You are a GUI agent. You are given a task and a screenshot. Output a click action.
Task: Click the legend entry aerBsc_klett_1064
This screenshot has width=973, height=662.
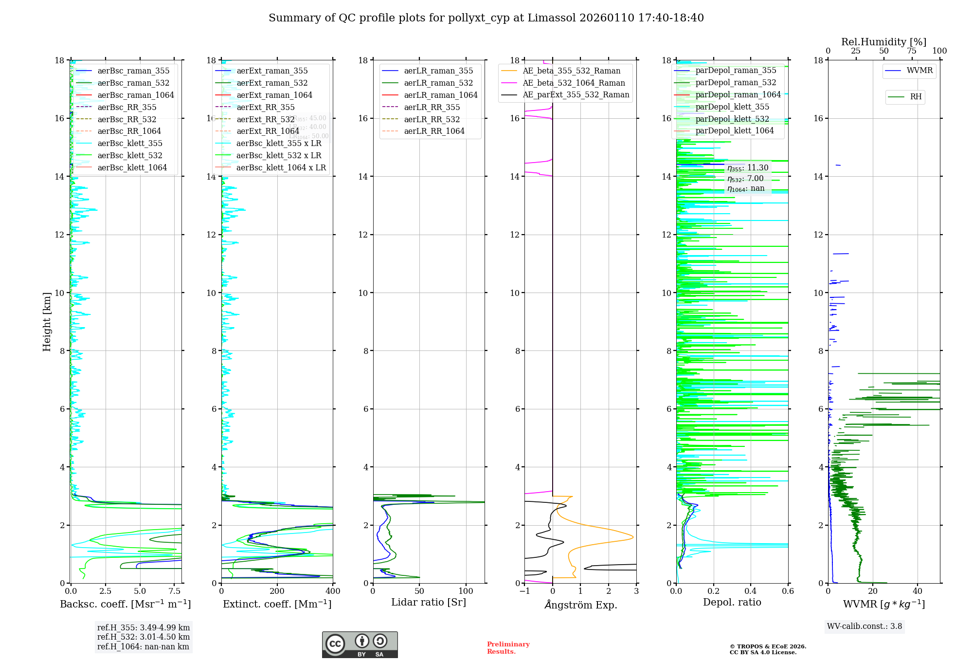click(132, 167)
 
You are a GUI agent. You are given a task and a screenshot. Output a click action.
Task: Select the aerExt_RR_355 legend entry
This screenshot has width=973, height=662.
click(265, 107)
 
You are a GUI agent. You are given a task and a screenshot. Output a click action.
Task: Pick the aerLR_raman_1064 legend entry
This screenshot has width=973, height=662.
click(440, 95)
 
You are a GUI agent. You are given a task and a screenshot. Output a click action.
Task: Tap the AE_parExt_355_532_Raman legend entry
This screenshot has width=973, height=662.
click(576, 94)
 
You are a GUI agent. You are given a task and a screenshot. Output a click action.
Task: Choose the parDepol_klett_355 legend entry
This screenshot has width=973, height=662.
click(732, 107)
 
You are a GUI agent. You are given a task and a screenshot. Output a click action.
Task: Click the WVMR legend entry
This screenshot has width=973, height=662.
click(919, 71)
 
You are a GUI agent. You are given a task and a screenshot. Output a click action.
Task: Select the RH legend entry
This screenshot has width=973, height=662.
click(915, 97)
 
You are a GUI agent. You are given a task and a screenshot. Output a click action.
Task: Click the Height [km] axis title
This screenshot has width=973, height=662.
click(47, 321)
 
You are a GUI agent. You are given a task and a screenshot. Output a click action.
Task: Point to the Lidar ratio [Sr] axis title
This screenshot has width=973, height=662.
click(428, 602)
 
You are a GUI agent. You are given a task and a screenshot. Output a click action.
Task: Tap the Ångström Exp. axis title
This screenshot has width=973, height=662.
click(580, 605)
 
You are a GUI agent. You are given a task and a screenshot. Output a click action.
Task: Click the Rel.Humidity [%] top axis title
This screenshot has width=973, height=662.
click(883, 42)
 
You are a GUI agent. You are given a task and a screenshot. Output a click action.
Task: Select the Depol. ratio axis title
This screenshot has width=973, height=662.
click(732, 602)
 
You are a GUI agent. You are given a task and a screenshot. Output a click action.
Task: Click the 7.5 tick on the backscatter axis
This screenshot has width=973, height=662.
click(175, 591)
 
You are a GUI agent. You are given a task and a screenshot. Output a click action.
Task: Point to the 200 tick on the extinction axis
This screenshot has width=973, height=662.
click(277, 591)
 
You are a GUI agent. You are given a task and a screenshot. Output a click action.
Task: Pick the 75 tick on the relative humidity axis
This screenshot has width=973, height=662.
click(912, 51)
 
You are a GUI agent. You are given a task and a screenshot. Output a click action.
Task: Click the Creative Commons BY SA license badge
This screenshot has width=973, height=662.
click(360, 644)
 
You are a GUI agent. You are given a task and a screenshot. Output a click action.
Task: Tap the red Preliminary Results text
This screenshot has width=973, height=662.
click(508, 648)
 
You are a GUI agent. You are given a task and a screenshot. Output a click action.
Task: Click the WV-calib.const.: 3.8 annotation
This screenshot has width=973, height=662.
click(864, 626)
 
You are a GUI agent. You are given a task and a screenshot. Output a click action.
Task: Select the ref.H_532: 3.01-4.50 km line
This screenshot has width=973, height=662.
click(143, 637)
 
